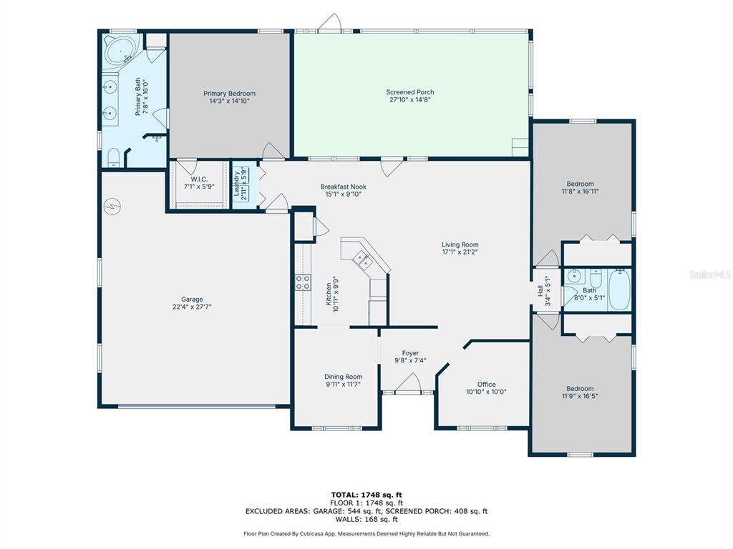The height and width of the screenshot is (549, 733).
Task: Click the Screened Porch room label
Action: (410, 92)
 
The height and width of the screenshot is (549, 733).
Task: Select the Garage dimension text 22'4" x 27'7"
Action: (192, 307)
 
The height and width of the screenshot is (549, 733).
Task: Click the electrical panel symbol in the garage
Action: (112, 205)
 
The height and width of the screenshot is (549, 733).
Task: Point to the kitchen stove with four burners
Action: (303, 282)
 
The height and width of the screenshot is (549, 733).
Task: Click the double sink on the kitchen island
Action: (362, 259)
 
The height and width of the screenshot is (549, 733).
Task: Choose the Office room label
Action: (487, 384)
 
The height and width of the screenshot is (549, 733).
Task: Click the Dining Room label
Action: (343, 376)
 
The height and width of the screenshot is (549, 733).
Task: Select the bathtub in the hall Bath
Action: (620, 289)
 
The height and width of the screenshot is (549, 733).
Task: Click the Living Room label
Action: (460, 244)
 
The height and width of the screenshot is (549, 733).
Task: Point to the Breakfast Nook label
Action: (343, 187)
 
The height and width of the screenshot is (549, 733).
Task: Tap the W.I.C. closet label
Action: (199, 179)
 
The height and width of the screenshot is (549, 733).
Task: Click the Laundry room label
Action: (236, 183)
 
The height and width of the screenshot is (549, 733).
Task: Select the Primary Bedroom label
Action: (229, 93)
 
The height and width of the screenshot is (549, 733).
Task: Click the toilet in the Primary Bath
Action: (114, 157)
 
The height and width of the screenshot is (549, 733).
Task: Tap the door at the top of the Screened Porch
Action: (330, 24)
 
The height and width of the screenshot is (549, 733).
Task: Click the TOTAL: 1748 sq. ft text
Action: (366, 495)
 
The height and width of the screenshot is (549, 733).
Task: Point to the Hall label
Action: (540, 292)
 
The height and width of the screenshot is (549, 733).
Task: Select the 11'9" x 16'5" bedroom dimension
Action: (580, 396)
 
